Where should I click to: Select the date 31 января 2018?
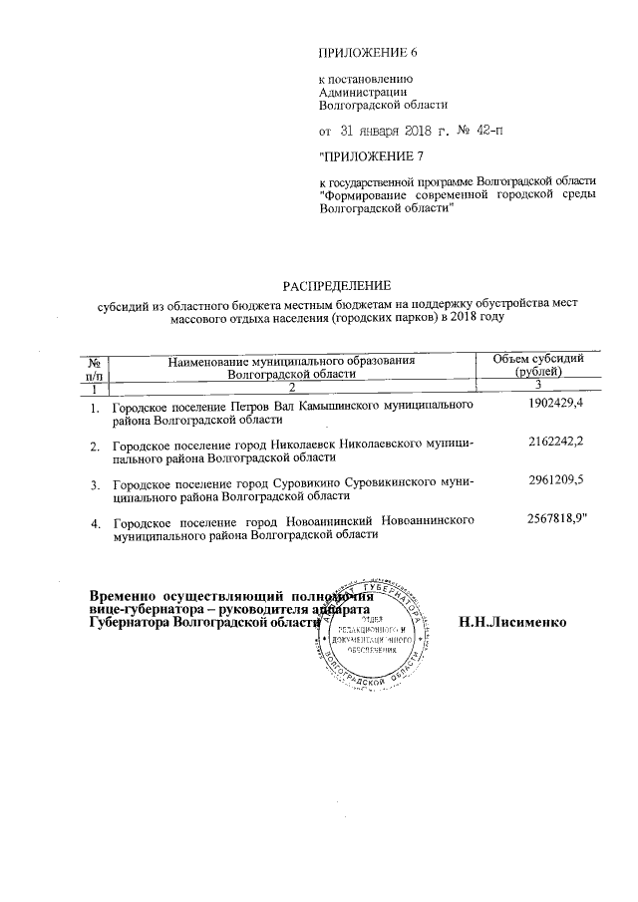pyautogui.click(x=384, y=130)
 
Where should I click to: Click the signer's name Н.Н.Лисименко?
pyautogui.click(x=512, y=622)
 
